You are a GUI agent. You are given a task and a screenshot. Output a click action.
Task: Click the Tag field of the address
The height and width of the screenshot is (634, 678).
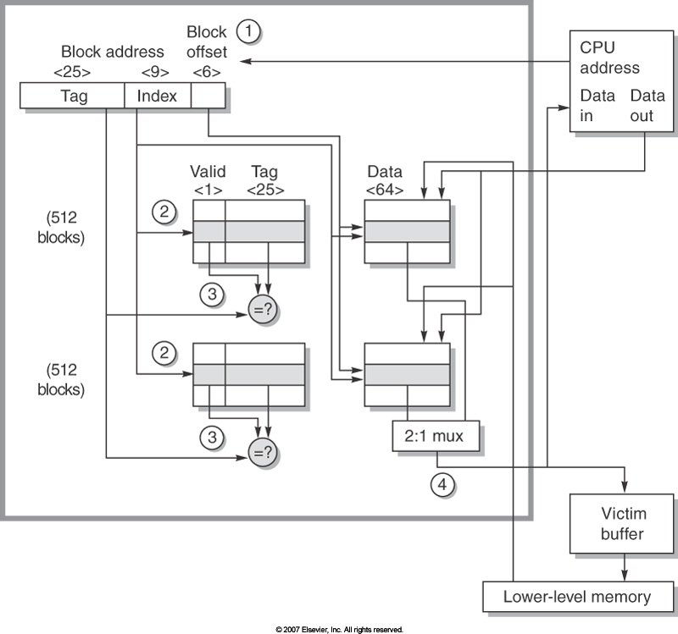tap(74, 96)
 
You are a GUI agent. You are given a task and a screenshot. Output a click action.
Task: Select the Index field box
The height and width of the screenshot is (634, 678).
tap(158, 96)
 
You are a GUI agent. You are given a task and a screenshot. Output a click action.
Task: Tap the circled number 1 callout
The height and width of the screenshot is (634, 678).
tap(247, 32)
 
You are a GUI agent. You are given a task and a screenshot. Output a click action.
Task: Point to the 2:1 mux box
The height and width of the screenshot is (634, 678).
tap(436, 437)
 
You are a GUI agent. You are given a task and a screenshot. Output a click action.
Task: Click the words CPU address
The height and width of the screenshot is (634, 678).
tap(609, 57)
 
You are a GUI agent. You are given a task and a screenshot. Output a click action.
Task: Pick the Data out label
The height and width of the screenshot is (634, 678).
tap(642, 107)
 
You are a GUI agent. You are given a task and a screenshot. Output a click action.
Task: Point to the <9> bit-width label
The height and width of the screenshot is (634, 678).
tap(158, 72)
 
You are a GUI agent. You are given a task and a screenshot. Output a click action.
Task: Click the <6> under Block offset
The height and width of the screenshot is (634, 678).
tap(207, 72)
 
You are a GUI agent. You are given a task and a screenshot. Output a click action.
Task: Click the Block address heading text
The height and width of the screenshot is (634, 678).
tap(125, 52)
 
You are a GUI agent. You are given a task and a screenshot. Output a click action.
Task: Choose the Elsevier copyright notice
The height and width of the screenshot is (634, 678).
tap(339, 629)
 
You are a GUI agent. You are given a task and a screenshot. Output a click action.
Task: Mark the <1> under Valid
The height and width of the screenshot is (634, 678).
tap(208, 190)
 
